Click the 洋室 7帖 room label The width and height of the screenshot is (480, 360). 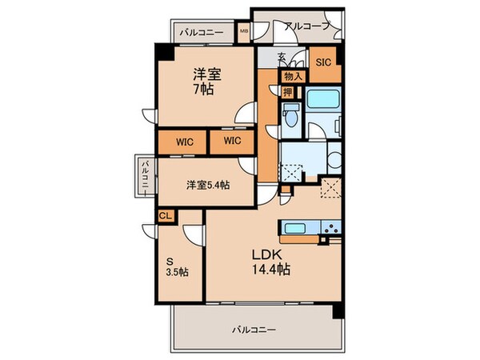pyautogui.click(x=206, y=82)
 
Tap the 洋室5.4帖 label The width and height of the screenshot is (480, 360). pyautogui.click(x=208, y=185)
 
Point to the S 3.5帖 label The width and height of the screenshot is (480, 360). pyautogui.click(x=177, y=266)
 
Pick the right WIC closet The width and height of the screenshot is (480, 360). pyautogui.click(x=232, y=142)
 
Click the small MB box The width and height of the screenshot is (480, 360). pyautogui.click(x=245, y=33)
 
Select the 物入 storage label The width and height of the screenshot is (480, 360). pyautogui.click(x=291, y=76)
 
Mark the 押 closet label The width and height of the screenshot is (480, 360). pyautogui.click(x=286, y=91)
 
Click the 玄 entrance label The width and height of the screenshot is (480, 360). pyautogui.click(x=282, y=57)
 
